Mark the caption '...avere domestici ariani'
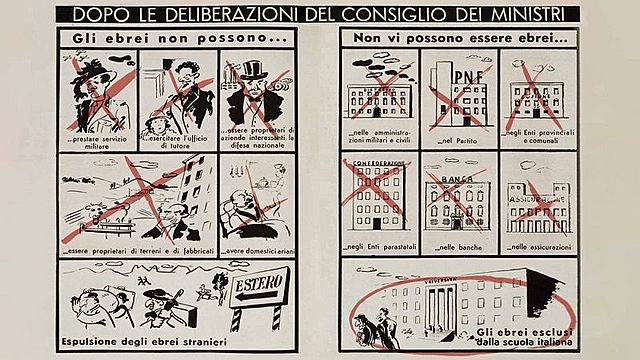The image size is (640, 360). tap(256, 250)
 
